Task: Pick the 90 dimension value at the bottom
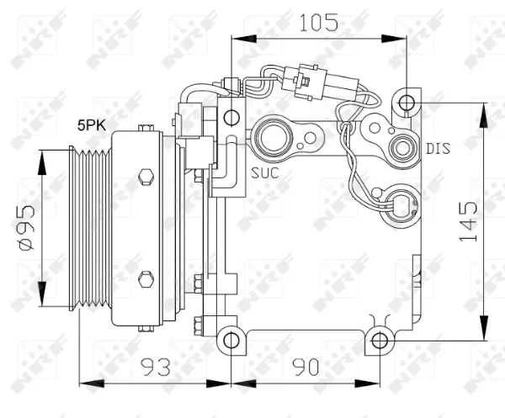click(307, 367)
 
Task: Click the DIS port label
click(438, 149)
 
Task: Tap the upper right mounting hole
click(407, 103)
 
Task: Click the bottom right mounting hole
click(380, 341)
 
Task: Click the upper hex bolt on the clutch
click(146, 177)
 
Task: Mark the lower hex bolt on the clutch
click(146, 278)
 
